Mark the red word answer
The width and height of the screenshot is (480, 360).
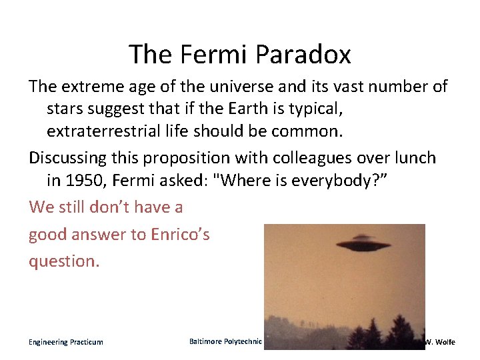pos(102,235)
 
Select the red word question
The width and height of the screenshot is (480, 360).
pos(64,261)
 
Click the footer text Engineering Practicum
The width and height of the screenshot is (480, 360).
pos(65,342)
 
